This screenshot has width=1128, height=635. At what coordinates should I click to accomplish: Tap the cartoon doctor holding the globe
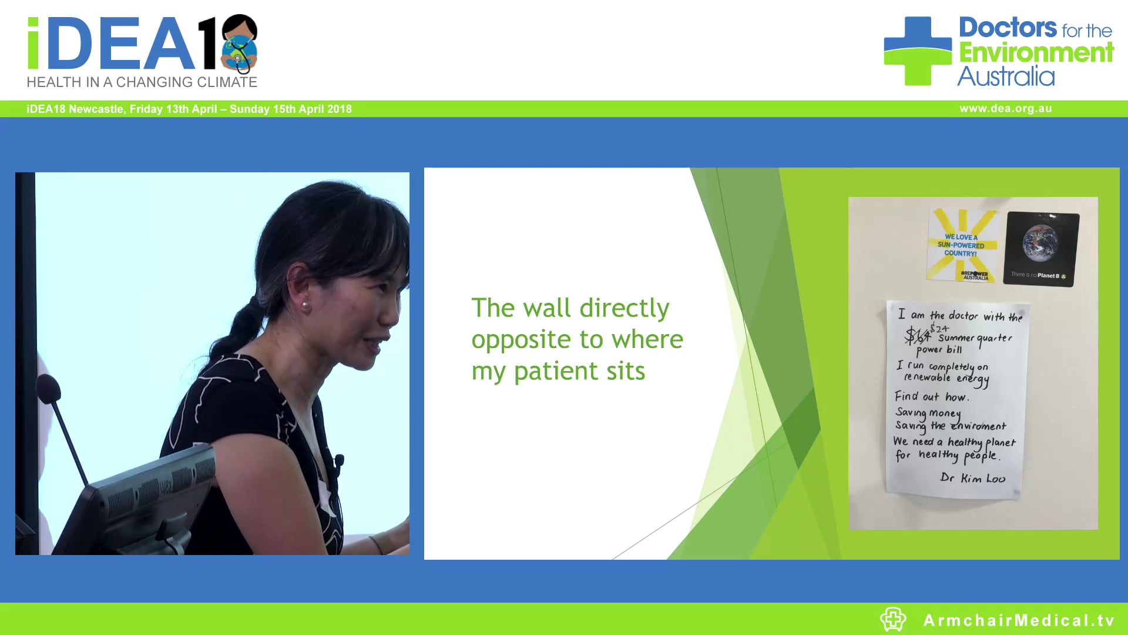(240, 44)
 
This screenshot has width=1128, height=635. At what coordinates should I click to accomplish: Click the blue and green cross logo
(917, 51)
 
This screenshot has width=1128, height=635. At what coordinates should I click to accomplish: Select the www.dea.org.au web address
(1005, 109)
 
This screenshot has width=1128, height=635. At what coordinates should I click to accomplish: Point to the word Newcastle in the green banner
(96, 109)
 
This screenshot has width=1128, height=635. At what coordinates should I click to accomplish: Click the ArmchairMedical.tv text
(1019, 620)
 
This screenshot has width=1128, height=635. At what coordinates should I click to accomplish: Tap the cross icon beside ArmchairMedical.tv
(893, 619)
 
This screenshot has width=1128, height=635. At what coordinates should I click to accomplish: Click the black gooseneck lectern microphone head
(48, 388)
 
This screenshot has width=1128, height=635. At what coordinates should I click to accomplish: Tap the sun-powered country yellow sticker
(961, 245)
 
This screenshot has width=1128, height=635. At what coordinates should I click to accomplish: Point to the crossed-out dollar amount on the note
(916, 336)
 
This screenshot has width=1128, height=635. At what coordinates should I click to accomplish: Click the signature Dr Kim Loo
(972, 478)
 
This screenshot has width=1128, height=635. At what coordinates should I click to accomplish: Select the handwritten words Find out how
(931, 397)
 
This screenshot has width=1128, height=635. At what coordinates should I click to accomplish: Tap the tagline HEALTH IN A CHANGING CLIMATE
(142, 82)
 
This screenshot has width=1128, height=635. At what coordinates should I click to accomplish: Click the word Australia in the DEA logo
(1006, 77)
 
